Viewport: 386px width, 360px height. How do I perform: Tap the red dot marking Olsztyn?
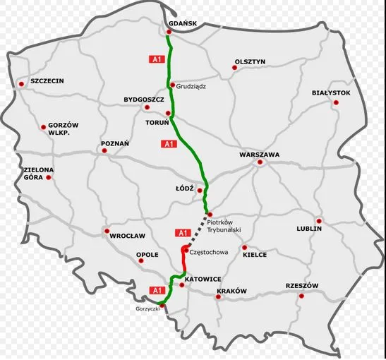click(x=234, y=68)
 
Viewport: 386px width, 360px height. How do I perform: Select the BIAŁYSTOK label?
click(x=331, y=92)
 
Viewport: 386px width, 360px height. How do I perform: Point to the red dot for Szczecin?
click(x=21, y=84)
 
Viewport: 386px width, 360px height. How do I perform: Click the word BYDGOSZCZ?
click(x=143, y=100)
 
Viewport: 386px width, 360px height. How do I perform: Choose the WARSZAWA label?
click(x=260, y=154)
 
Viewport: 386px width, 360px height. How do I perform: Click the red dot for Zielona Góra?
click(x=49, y=177)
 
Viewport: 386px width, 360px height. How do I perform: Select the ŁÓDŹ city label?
click(x=183, y=189)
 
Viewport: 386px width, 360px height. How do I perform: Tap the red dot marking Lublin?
click(x=319, y=220)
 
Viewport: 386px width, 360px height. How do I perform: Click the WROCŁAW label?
click(x=128, y=236)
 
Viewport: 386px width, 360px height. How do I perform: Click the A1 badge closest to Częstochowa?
click(x=182, y=233)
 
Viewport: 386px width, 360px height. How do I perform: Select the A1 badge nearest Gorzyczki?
click(x=157, y=289)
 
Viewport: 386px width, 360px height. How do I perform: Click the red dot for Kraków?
click(x=218, y=297)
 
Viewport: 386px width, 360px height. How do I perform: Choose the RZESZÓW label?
click(x=303, y=286)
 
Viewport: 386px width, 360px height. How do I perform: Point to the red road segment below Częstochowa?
click(x=184, y=265)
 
